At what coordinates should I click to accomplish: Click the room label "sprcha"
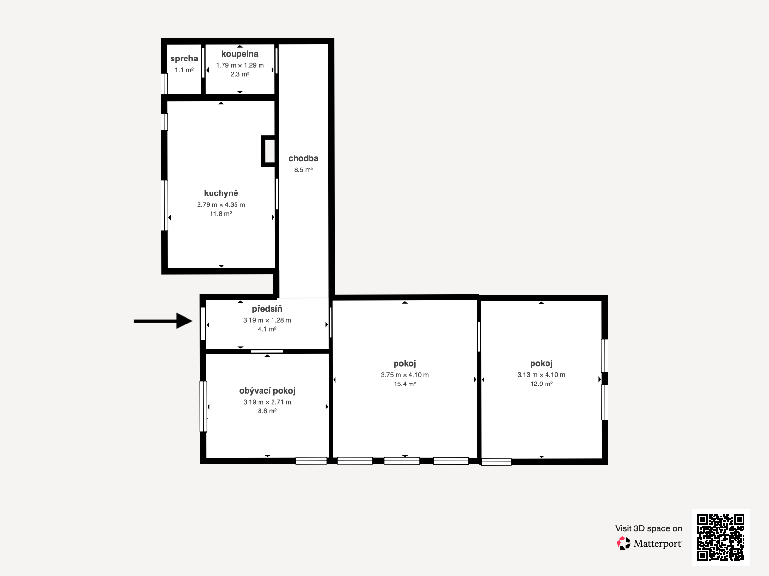click(184, 59)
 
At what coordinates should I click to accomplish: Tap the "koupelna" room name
click(240, 54)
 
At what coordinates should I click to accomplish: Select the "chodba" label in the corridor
click(303, 158)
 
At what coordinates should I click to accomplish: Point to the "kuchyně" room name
click(221, 193)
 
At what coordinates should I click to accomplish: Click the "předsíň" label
click(267, 309)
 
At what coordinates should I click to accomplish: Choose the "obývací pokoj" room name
click(267, 391)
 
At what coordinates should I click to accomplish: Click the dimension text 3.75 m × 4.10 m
click(405, 375)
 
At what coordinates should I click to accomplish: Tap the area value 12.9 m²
click(541, 384)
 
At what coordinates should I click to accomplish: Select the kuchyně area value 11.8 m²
click(221, 214)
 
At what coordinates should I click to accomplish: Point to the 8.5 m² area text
click(303, 170)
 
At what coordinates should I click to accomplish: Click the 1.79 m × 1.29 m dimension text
click(240, 65)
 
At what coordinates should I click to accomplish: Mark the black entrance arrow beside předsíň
click(163, 321)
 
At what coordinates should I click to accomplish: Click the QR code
click(720, 538)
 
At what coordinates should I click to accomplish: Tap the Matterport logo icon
click(623, 543)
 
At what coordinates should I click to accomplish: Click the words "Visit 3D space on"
click(648, 528)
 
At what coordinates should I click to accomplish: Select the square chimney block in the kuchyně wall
click(268, 151)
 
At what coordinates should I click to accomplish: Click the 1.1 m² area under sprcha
click(184, 70)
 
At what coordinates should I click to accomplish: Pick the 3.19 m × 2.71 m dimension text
click(267, 402)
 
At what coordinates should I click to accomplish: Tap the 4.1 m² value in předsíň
click(267, 329)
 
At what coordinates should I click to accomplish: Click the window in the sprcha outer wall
click(164, 84)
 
